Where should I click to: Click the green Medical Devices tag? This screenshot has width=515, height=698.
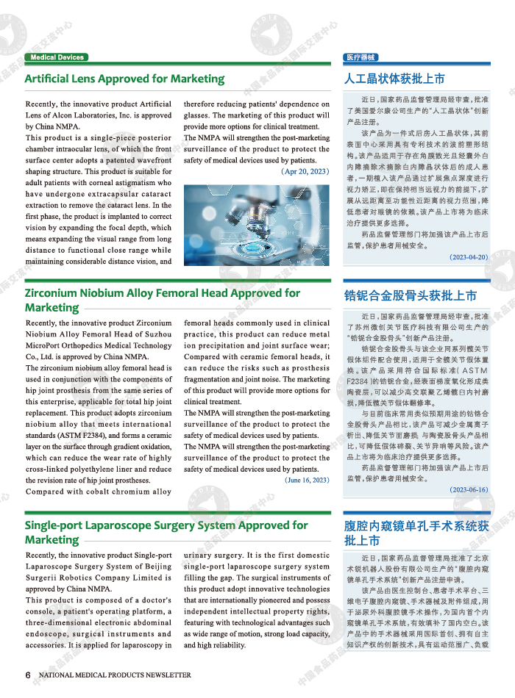[57, 57]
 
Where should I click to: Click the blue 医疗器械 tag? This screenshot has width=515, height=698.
[360, 57]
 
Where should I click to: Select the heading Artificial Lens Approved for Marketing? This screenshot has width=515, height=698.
[124, 79]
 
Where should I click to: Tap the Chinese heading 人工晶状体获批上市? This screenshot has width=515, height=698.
[394, 79]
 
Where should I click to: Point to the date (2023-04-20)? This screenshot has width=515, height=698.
[469, 257]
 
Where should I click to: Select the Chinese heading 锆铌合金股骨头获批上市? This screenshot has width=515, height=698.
[411, 295]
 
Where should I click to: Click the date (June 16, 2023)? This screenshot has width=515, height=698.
[308, 480]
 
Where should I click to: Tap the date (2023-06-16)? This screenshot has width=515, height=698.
[469, 489]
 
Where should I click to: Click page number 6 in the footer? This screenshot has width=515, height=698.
[27, 674]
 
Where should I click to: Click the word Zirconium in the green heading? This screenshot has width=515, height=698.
[54, 292]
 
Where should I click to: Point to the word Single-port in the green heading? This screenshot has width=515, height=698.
[56, 525]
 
